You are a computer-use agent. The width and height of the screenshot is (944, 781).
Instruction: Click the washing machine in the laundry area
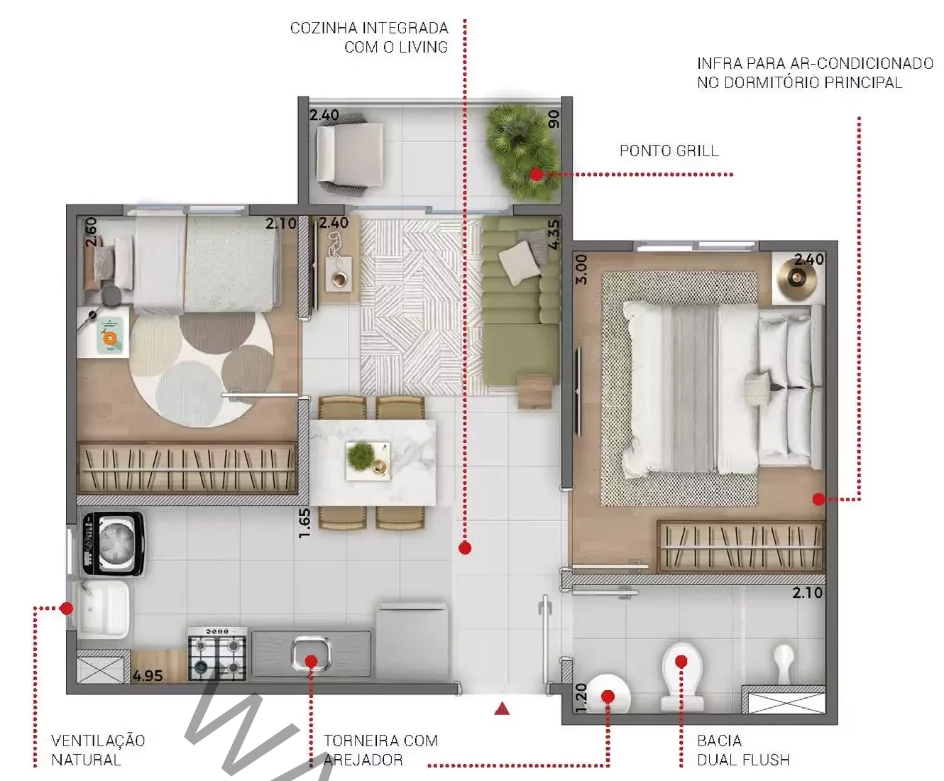[x=113, y=544]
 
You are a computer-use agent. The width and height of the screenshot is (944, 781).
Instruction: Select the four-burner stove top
[x=217, y=653]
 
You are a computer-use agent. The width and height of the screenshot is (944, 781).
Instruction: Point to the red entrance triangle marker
[x=502, y=709]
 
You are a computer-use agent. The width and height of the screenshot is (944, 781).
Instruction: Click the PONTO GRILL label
[x=669, y=151]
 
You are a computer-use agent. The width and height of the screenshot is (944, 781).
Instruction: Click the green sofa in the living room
[x=521, y=307]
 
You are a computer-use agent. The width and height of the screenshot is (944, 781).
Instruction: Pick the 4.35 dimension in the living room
[x=554, y=235]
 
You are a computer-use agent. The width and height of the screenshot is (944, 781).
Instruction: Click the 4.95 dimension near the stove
[x=148, y=676]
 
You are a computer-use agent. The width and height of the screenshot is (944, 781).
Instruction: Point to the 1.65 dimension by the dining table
[x=304, y=523]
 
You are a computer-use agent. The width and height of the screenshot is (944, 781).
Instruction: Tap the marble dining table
[x=373, y=463]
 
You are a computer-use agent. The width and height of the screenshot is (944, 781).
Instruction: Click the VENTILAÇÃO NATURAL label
[x=98, y=750]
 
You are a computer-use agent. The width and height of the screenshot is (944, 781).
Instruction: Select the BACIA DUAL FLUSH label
[x=743, y=750]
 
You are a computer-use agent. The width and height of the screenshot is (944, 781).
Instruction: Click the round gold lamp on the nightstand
[x=797, y=277]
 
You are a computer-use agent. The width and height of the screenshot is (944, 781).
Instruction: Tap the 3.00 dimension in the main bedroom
[x=581, y=270]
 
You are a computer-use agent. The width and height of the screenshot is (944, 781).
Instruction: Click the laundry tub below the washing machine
[x=104, y=609]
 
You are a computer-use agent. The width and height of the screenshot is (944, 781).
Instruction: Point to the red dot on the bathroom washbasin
[x=608, y=697]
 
